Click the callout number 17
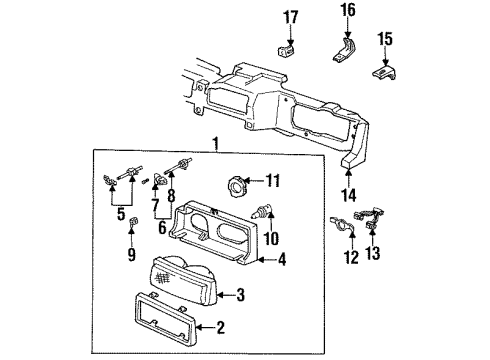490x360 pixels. [291, 16]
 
